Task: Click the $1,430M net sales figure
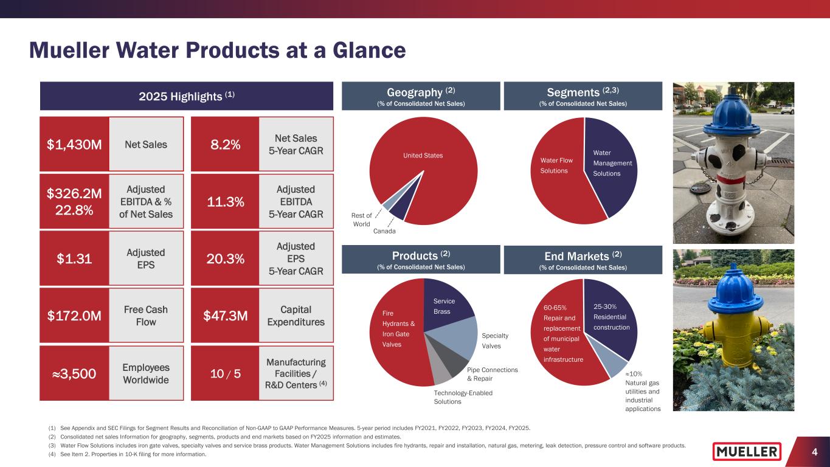tap(74, 145)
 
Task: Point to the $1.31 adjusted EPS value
tap(74, 258)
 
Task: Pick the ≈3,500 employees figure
tap(74, 373)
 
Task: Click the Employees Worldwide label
tap(146, 373)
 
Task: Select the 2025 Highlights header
tap(186, 95)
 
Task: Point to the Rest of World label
tap(362, 220)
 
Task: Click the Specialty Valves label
tap(495, 341)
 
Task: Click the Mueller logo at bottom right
tap(747, 452)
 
